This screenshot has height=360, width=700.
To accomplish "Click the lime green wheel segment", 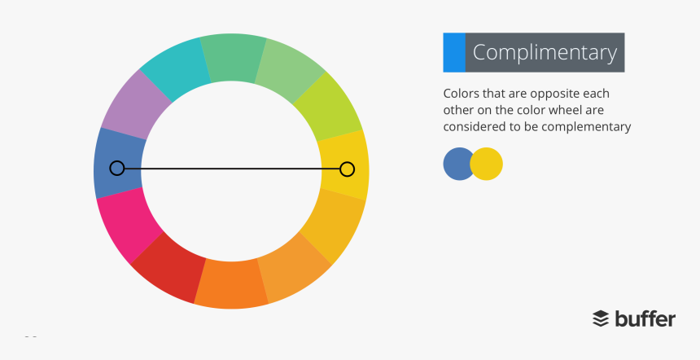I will coord(329,106).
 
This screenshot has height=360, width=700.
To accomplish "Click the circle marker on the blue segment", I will coord(117,169).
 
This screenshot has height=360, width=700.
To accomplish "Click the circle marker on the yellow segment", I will coord(347,169).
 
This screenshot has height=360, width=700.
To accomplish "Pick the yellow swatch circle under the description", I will coord(488,164).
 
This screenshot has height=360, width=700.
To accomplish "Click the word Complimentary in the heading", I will coord(545,53).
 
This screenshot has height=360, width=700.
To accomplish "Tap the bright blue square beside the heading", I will coord(454,53).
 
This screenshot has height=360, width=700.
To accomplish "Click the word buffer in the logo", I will coord(645,318).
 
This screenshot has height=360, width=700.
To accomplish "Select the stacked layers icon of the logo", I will coord(601,318).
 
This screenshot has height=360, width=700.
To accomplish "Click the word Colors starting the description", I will coord(462,92).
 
